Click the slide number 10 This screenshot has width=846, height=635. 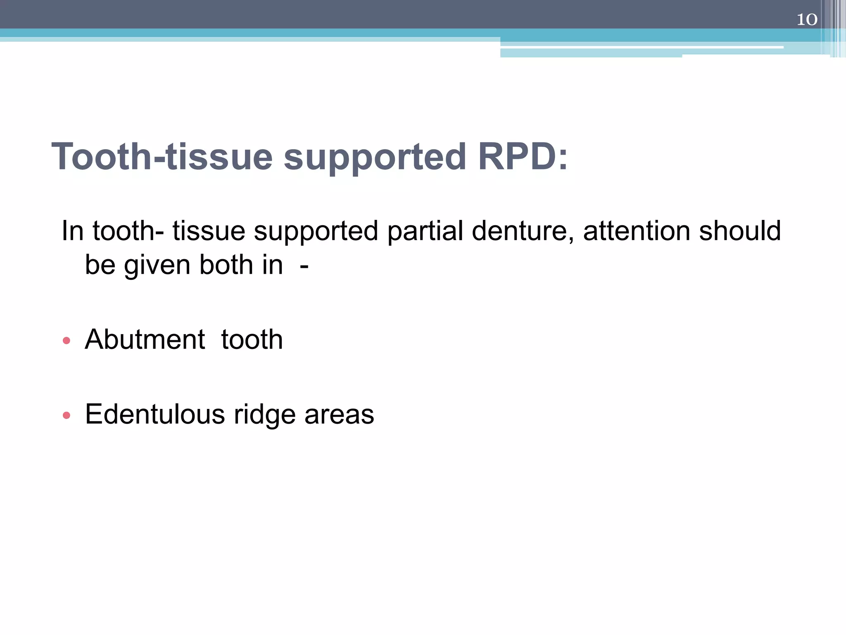[x=807, y=19]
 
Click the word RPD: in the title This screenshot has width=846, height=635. [x=523, y=157]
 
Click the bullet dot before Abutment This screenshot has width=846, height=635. [x=67, y=341]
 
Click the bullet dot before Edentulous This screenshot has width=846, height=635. [x=67, y=415]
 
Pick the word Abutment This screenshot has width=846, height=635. [x=145, y=340]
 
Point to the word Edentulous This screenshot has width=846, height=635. [x=155, y=414]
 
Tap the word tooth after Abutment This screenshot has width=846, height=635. [x=252, y=340]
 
